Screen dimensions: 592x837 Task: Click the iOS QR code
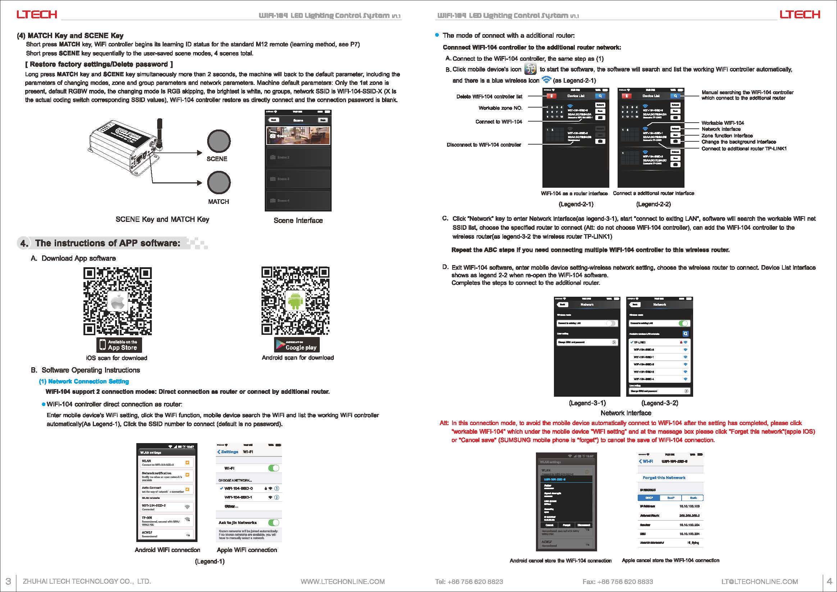[x=117, y=301]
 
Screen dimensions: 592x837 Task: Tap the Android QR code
[x=295, y=301]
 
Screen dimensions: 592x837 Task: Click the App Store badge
[x=119, y=345]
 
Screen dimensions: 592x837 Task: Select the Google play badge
[x=297, y=345]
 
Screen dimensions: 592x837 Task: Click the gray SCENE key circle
[x=219, y=141]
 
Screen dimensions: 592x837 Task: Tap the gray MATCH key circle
[x=219, y=183]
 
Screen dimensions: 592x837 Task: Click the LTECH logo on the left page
[x=36, y=15]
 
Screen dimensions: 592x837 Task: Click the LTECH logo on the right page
[x=800, y=15]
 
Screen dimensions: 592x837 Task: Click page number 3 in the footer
[x=8, y=581]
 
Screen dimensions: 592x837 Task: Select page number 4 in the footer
[x=829, y=581]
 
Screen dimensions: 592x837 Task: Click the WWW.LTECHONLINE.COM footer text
[x=343, y=582]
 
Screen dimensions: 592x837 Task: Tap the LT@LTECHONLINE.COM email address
[x=760, y=582]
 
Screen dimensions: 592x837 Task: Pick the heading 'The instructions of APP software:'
[x=108, y=243]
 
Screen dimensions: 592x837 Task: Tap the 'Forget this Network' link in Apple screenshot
[x=664, y=478]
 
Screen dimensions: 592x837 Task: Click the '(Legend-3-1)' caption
[x=587, y=403]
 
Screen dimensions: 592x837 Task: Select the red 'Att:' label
[x=444, y=423]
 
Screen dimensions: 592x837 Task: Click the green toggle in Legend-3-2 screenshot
[x=683, y=323]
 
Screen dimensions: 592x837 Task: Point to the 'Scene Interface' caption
[x=298, y=220]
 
